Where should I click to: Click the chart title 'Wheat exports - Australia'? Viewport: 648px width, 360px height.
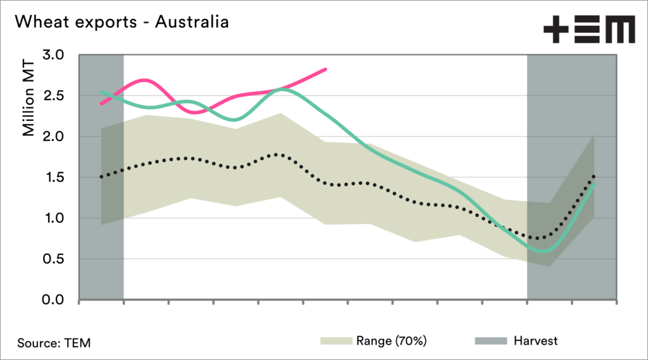point(121,22)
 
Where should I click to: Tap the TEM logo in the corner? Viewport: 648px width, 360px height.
point(589,30)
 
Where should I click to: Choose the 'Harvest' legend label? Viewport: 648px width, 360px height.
point(536,341)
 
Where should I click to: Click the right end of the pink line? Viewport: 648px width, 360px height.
point(326,69)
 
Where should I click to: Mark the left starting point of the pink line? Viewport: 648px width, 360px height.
point(101,103)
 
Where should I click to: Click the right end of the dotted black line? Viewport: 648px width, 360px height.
point(594,175)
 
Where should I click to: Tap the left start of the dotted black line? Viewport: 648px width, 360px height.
point(101,177)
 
